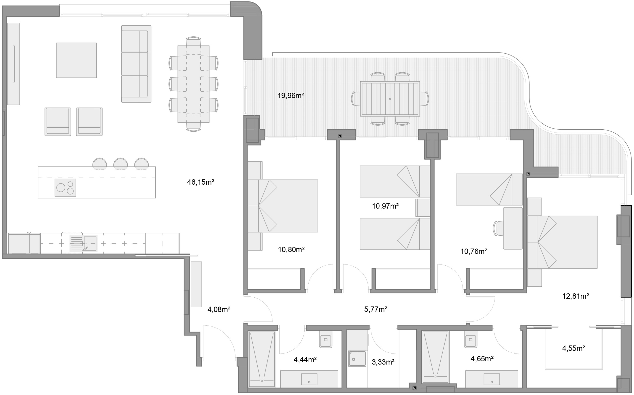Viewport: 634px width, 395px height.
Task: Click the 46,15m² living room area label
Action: point(200,182)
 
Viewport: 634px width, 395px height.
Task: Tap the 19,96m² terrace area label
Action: point(291,96)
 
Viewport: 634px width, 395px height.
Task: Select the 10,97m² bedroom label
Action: point(385,206)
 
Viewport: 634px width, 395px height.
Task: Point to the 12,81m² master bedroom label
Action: point(576,296)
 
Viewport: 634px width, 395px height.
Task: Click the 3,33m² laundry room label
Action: point(383,362)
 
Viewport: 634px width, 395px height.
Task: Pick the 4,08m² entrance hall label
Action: point(219,310)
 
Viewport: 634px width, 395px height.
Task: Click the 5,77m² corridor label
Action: point(376,309)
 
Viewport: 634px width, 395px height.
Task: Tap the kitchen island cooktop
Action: point(65,188)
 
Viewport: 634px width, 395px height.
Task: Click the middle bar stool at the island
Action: point(121,164)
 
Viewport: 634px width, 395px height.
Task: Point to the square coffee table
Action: point(76,60)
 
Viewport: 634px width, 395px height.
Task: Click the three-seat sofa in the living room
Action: point(136,64)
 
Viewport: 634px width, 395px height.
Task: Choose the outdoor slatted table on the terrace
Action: point(390,99)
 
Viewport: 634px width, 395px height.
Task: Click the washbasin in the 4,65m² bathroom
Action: point(492,379)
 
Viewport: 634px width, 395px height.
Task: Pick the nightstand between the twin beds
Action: point(423,208)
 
